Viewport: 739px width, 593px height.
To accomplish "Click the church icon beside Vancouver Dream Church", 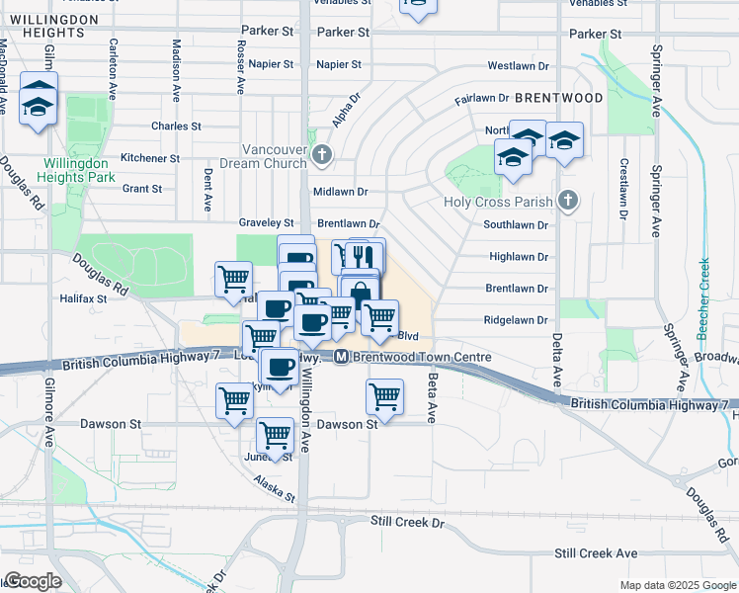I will [x=321, y=155].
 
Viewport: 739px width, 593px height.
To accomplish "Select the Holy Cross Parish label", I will [x=507, y=203].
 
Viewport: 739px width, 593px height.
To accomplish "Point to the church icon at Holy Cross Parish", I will [x=567, y=202].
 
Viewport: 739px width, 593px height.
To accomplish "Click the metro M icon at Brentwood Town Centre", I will [x=341, y=357].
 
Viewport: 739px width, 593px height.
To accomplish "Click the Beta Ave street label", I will [x=431, y=396].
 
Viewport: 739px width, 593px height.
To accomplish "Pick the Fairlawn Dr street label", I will [x=481, y=99].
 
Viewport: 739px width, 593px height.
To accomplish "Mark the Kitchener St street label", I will [x=149, y=158].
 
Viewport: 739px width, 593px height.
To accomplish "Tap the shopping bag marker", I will [x=360, y=294].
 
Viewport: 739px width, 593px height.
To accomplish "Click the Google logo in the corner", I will [x=32, y=581].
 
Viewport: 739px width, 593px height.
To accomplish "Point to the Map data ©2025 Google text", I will [x=677, y=585].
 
